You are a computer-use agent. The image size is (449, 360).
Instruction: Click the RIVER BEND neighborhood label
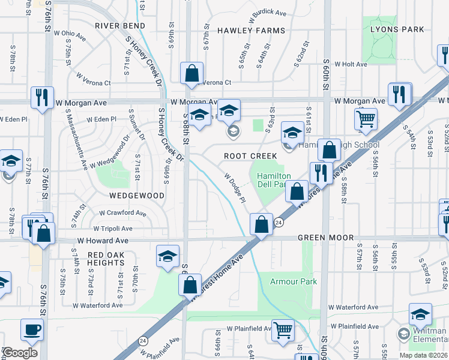(x=120, y=26)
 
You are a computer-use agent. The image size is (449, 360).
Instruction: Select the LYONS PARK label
(x=397, y=29)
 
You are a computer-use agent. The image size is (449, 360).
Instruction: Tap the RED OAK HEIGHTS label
(x=106, y=259)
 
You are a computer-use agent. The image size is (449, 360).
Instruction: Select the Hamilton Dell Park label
(x=274, y=180)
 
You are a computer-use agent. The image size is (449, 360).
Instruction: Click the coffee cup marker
(x=32, y=329)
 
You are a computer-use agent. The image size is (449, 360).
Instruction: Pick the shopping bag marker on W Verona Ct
(x=191, y=74)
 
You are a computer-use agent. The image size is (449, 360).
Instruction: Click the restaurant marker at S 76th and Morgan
(x=42, y=97)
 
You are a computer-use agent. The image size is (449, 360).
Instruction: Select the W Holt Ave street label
(x=351, y=64)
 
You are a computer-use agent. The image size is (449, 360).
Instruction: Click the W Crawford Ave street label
(x=122, y=213)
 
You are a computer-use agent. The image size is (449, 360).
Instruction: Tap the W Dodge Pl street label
(x=235, y=188)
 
